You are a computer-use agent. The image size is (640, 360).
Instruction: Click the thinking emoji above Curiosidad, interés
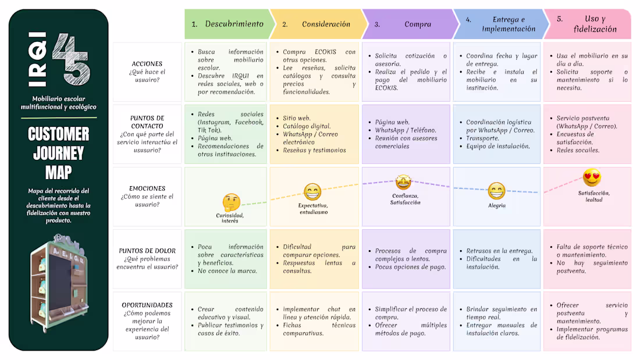pyautogui.click(x=231, y=202)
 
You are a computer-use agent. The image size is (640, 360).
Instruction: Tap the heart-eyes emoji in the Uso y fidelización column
pyautogui.click(x=592, y=178)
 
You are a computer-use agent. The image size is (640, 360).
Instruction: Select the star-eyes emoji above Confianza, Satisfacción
pyautogui.click(x=403, y=182)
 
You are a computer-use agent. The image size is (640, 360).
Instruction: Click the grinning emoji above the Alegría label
pyautogui.click(x=496, y=191)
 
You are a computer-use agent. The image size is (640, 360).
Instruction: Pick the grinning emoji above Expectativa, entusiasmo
pyautogui.click(x=312, y=191)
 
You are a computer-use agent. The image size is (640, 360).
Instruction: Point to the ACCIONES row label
pyautogui.click(x=147, y=63)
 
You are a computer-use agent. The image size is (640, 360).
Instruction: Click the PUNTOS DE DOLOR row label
pyautogui.click(x=147, y=251)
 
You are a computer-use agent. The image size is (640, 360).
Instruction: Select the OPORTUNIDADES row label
pyautogui.click(x=147, y=305)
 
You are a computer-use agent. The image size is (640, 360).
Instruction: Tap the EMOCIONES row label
pyautogui.click(x=147, y=188)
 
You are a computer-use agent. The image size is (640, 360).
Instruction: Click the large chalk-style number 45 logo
pyautogui.click(x=71, y=59)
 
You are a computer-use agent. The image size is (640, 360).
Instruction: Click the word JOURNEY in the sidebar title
pyautogui.click(x=58, y=154)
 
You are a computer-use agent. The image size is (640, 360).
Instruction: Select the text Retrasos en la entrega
pyautogui.click(x=499, y=251)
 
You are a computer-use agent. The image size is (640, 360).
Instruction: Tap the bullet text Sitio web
pyautogui.click(x=297, y=118)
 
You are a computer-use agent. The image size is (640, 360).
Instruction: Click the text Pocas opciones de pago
pyautogui.click(x=411, y=267)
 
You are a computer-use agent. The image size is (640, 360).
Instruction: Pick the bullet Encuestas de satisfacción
pyautogui.click(x=575, y=138)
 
